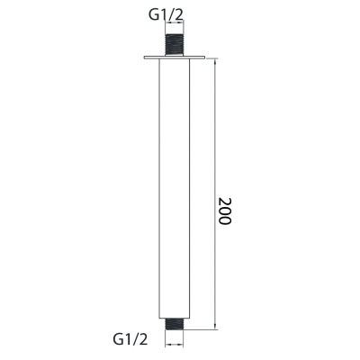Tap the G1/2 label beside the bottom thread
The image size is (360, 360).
click(x=130, y=339)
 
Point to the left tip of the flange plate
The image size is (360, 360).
click(x=144, y=58)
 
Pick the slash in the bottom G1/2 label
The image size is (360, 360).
click(x=137, y=339)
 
